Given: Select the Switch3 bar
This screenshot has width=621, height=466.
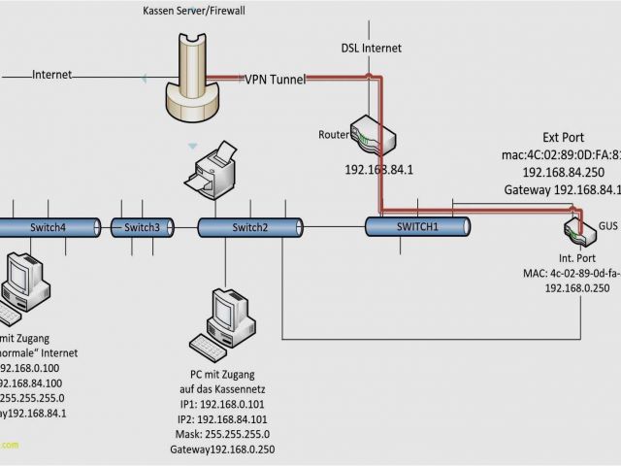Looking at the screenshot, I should [143, 227].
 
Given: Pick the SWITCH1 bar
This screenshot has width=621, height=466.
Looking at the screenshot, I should [417, 226].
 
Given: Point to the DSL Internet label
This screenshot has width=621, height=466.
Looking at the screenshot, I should [371, 48].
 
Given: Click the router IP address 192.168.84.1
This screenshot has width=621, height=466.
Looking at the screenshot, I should [379, 169].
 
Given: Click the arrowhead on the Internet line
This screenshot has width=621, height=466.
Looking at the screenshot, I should [143, 76].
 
